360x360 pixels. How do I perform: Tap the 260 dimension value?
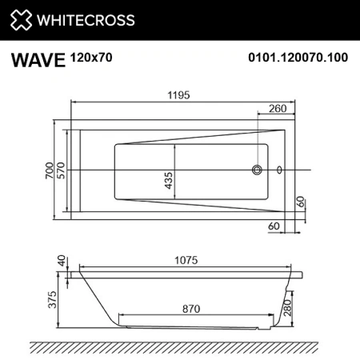pos(278,109)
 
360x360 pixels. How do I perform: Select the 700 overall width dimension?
pos(50,170)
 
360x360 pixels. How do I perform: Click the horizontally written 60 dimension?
pos(272,227)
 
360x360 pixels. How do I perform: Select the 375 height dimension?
pos(50,300)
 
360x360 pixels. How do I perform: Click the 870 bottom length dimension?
pos(190,306)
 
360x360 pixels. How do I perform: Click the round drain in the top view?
pos(258,170)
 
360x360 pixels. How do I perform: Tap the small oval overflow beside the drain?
pos(279,170)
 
